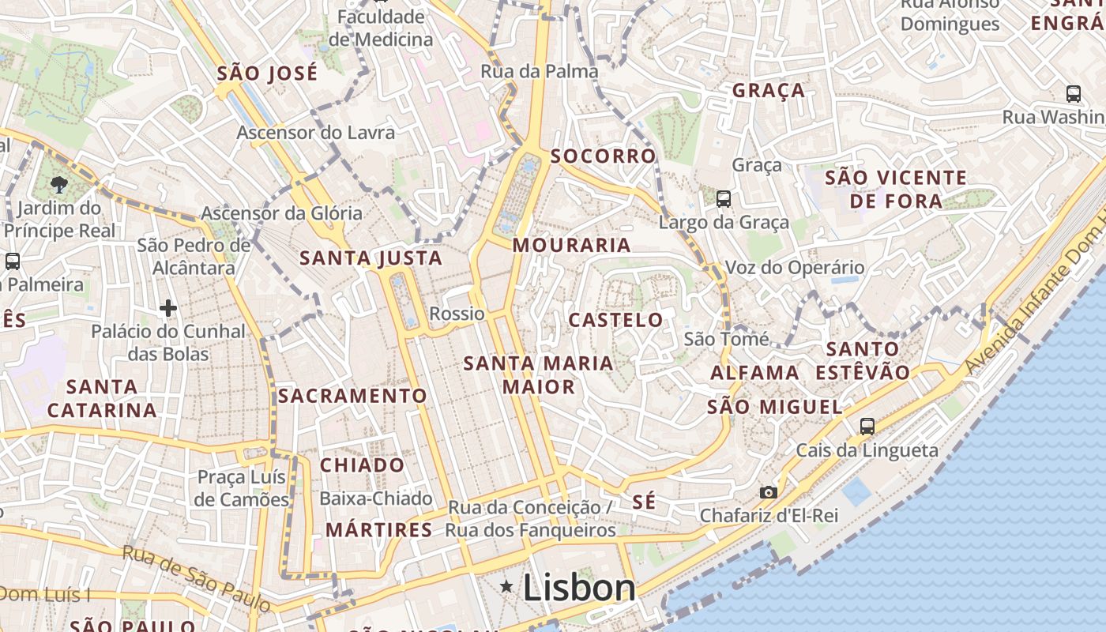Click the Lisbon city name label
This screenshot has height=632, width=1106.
579,589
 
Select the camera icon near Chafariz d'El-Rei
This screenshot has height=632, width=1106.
768,492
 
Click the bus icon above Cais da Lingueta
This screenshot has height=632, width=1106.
867,427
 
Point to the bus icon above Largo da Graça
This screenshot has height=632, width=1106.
723,199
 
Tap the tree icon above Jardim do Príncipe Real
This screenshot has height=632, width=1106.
58,185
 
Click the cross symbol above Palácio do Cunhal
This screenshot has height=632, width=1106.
168,307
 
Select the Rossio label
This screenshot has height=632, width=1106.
457,314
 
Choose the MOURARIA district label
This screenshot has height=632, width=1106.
572,246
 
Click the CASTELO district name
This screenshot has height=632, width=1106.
616,320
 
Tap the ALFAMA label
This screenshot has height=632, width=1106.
754,373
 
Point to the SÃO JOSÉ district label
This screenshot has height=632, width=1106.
267,73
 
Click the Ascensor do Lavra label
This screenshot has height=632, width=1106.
315,132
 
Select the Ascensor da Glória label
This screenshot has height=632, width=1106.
281,213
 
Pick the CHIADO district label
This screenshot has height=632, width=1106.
362,465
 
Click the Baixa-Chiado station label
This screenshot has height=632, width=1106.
376,498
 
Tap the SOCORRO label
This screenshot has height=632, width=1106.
604,156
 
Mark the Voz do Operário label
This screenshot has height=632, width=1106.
795,268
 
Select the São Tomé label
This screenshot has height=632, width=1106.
726,340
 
